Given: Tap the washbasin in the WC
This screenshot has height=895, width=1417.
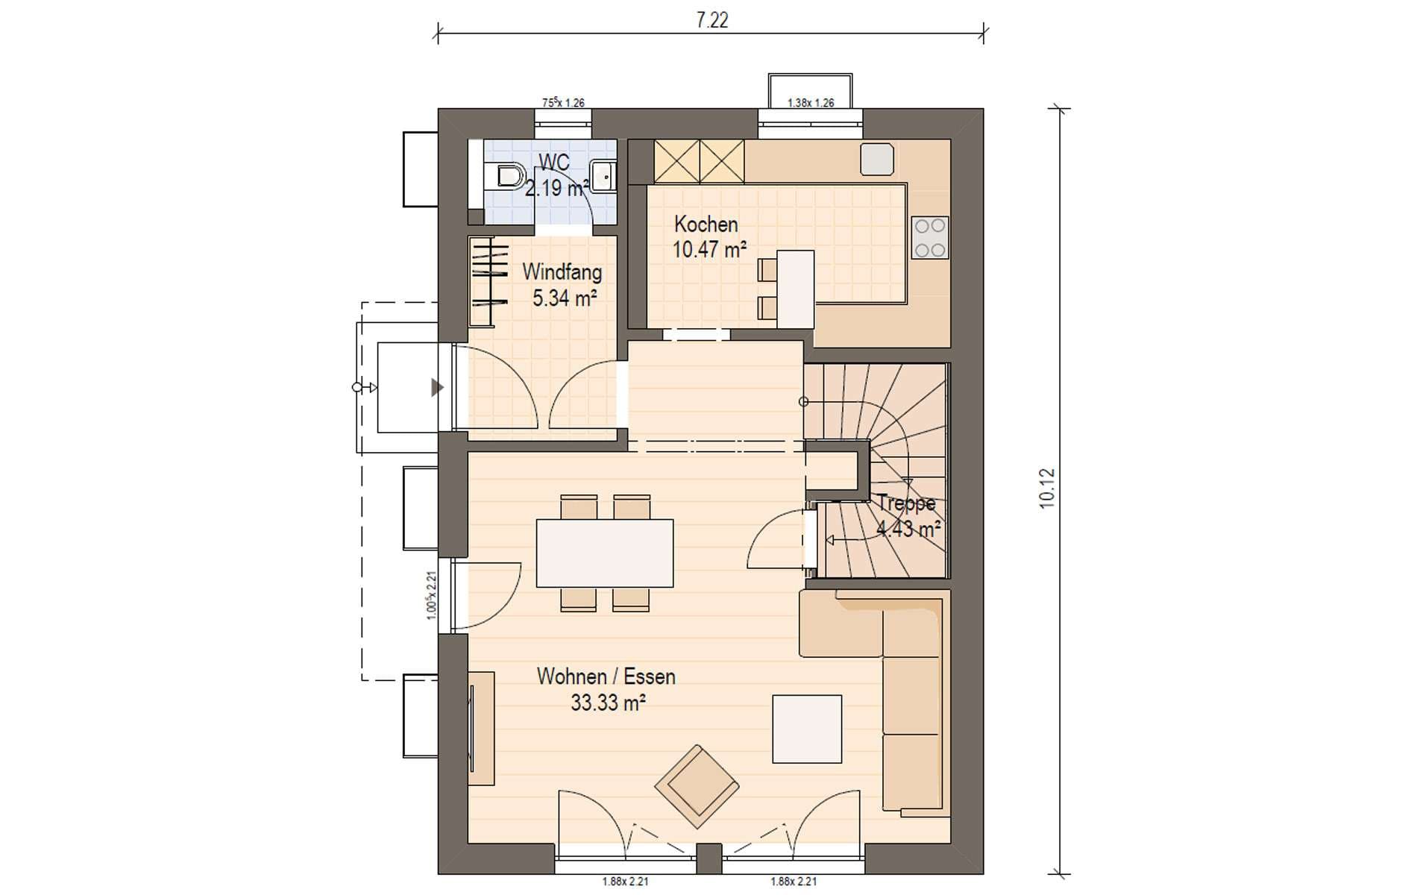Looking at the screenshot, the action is pos(603,176).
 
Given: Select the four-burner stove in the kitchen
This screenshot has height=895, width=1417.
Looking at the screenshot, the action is pos(930,237).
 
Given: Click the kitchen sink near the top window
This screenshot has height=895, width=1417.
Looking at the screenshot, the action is pos(877,159).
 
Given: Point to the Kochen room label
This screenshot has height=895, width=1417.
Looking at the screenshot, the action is pos(706,224).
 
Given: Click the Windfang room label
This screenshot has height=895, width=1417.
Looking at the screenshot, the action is pos(562,271).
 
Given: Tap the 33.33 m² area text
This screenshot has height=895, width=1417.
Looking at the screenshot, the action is pos(608,703).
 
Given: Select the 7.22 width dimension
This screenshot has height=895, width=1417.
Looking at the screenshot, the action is pos(711,20).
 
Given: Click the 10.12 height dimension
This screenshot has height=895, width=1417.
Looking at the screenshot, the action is pos(1047,489).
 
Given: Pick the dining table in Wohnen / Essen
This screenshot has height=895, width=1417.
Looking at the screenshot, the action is pos(605,553).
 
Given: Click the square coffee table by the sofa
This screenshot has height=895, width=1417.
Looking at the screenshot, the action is pos(807,729).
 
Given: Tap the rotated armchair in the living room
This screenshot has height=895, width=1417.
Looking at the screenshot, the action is pos(697,786).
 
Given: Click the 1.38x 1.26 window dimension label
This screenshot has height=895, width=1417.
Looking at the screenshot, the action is pos(811,103).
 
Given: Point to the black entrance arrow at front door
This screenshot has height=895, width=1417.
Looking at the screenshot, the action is pos(437,387).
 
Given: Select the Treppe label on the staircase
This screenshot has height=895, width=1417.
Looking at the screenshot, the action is pos(906,503).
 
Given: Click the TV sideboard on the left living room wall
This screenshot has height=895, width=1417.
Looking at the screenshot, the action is pos(481,728).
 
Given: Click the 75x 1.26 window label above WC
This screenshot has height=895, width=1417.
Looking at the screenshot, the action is pos(563,103).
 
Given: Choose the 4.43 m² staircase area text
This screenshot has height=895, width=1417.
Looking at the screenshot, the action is pos(908,530).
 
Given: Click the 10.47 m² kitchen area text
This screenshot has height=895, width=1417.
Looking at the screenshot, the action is pos(709,250).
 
